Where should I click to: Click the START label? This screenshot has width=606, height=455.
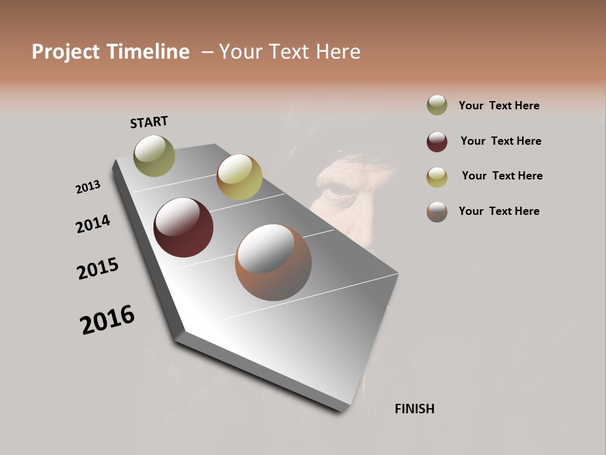(149, 122)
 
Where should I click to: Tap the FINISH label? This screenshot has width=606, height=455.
(414, 409)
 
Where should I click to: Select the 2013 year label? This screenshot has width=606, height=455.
(88, 187)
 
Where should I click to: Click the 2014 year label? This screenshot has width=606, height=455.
(93, 224)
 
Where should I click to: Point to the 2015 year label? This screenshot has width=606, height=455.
(98, 269)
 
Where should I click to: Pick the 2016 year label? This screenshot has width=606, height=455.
(107, 320)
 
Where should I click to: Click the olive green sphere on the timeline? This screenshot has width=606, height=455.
(154, 155)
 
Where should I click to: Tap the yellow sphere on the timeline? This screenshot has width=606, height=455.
(239, 177)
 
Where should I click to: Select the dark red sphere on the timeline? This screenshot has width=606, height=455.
(183, 227)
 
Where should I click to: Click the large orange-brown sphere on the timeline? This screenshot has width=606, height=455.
(273, 262)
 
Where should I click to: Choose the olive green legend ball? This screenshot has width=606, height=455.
(437, 106)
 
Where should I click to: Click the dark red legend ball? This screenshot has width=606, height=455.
(437, 142)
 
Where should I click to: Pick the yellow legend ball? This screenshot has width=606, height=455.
(437, 177)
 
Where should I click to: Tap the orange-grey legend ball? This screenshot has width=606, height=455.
(437, 212)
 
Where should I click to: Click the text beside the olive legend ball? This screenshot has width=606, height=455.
(499, 106)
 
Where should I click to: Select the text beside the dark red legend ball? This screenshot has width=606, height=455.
(501, 141)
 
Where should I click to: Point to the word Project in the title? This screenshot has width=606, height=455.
(66, 52)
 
